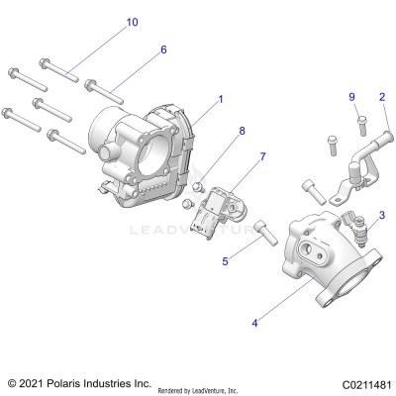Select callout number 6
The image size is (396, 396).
pyautogui.click(x=163, y=49)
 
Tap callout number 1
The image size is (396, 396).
pyautogui.click(x=221, y=99)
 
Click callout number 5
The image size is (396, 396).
pyautogui.click(x=226, y=261)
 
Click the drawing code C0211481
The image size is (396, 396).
pyautogui.click(x=362, y=384)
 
